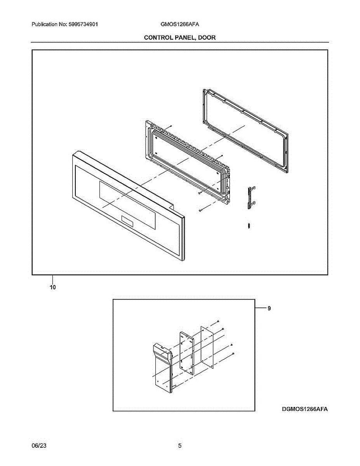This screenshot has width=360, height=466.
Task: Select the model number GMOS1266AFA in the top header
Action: (x=180, y=24)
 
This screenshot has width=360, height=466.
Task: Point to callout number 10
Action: (x=52, y=287)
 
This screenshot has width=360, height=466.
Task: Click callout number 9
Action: (x=269, y=308)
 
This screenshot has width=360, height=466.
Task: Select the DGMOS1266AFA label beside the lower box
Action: (x=303, y=409)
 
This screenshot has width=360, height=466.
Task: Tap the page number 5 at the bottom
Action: (x=180, y=446)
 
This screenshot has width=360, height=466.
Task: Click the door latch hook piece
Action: (x=250, y=197)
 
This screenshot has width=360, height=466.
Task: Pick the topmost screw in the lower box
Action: (x=219, y=321)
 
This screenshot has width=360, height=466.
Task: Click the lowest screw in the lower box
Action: (x=233, y=353)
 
